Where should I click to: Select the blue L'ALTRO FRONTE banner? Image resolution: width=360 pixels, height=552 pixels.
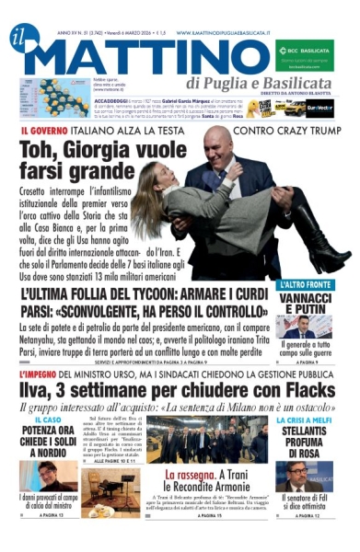pyautogui.click(x=309, y=285)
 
